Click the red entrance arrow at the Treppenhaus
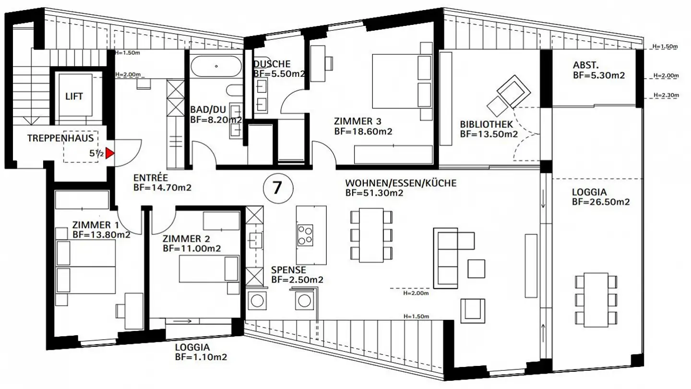110,154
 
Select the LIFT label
74,97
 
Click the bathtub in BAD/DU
216,66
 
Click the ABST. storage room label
585,65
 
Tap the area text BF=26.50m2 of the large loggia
601,202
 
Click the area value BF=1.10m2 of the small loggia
201,357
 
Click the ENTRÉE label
150,178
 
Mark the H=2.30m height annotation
666,95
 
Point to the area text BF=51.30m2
374,193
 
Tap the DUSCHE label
272,64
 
